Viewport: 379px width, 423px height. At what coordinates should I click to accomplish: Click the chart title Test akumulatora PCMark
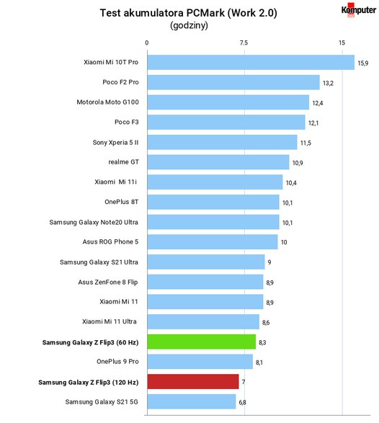pos(162,13)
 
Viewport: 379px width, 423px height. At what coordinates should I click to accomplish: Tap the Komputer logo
pos(359,10)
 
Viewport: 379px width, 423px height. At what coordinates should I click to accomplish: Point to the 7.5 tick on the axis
pos(244,43)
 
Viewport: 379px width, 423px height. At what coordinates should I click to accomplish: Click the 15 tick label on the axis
pos(342,43)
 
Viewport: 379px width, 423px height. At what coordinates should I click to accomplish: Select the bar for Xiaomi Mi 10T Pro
pos(251,62)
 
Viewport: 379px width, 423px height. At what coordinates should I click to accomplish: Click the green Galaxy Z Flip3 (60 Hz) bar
pos(202,342)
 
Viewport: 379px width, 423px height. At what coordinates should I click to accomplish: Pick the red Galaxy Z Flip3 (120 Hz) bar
pos(193,382)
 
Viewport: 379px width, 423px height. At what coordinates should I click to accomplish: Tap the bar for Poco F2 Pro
pos(233,82)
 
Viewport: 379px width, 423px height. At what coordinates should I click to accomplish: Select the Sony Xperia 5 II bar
pos(222,142)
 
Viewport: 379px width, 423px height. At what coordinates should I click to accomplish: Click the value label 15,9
pos(363,63)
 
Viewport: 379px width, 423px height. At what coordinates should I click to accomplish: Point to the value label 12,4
pos(318,103)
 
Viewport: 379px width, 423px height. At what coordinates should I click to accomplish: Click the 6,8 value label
pos(242,403)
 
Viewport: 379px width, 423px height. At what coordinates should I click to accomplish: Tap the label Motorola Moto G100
pos(107,102)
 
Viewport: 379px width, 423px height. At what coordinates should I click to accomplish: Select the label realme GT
pos(123,162)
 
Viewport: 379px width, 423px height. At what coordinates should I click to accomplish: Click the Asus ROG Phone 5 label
pos(110,242)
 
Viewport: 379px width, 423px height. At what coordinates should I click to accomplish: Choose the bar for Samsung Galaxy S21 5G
pos(192,401)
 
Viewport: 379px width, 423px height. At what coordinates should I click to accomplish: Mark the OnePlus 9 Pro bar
pos(200,362)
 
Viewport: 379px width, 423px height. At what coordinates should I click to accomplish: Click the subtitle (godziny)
pos(189,26)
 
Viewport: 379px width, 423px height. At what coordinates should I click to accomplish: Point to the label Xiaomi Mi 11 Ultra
pos(110,321)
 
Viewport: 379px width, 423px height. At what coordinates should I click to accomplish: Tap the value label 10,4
pos(291,183)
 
